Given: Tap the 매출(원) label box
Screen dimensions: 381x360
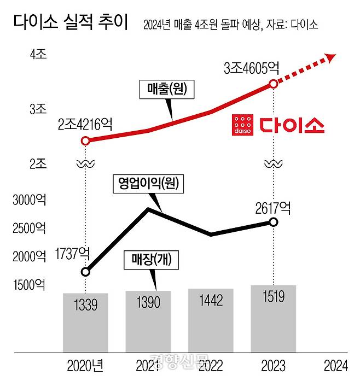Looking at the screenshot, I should (167, 90).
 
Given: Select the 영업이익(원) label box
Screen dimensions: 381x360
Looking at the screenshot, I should (148, 184).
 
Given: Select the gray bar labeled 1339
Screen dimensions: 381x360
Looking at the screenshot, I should (85, 323).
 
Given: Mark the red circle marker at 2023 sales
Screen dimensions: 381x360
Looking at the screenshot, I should (273, 84).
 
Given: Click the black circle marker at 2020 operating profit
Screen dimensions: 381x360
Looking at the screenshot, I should (85, 272).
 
